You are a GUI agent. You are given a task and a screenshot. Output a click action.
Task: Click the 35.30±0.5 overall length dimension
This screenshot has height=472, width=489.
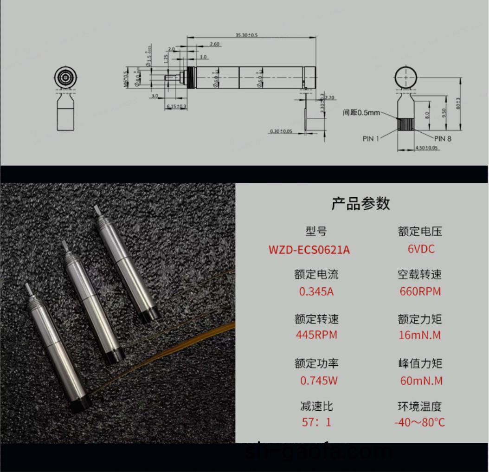click(246, 35)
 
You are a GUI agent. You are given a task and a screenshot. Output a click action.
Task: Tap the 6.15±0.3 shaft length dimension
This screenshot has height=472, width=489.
click(176, 107)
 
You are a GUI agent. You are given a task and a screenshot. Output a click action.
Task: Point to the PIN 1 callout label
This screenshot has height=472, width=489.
click(371, 138)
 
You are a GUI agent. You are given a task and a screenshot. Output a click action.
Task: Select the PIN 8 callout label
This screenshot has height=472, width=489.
click(443, 138)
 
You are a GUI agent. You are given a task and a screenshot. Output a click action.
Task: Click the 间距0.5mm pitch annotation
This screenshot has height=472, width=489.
click(361, 112)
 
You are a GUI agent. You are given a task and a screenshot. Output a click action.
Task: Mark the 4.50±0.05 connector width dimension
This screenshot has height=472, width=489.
click(426, 148)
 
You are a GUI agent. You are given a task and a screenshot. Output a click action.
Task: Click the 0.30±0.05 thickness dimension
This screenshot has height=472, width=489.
click(281, 131)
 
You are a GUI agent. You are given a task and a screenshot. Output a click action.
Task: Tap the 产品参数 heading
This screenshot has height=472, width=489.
click(361, 204)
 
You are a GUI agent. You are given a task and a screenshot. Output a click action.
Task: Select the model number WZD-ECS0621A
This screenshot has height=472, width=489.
click(309, 250)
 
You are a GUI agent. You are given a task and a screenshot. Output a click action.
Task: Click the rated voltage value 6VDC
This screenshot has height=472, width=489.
click(421, 249)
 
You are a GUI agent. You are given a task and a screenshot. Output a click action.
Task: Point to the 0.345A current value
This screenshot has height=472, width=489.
click(316, 292)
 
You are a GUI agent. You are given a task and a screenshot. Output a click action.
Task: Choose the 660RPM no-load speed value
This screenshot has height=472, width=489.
click(420, 292)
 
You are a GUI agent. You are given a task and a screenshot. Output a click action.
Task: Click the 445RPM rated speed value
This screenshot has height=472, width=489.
click(316, 335)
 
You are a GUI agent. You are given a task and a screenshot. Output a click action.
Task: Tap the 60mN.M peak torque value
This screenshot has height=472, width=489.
click(421, 381)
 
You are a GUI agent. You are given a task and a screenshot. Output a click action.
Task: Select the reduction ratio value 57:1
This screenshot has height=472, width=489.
click(316, 422)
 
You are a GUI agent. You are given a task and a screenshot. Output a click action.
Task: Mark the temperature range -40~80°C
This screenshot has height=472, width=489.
click(419, 422)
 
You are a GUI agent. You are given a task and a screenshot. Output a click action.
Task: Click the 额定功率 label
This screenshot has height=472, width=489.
click(316, 363)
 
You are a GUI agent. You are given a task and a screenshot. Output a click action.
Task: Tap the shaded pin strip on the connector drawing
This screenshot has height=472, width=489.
click(406, 124)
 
